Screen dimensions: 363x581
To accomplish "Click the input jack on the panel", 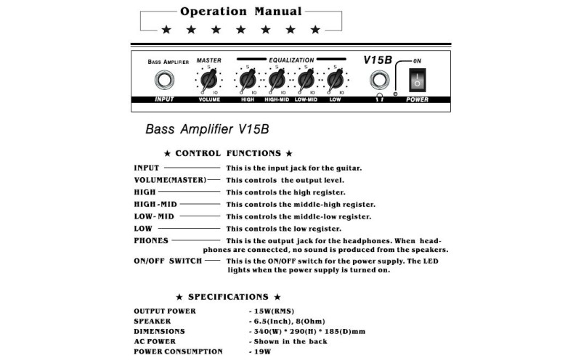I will [168, 79].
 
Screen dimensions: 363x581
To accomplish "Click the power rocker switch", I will [418, 78].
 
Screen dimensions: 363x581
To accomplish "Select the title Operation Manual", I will [240, 11].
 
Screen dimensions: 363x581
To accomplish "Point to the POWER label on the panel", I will [417, 99].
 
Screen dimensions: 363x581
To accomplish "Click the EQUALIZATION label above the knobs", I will [291, 60].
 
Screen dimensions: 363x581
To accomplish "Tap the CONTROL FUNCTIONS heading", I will [228, 153].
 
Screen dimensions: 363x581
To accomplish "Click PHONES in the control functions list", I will [151, 240].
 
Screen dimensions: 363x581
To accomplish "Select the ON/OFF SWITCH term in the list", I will [168, 260].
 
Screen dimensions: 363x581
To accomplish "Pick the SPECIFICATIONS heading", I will [228, 297].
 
